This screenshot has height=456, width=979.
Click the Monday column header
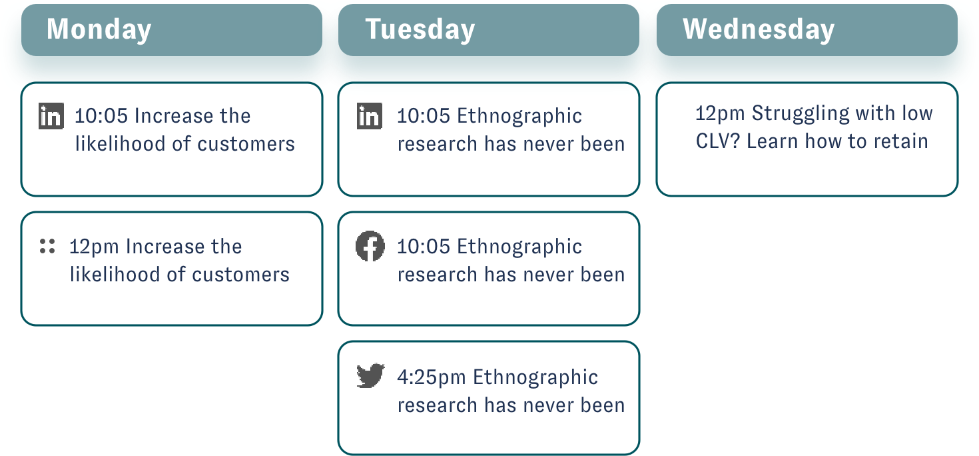[172, 30]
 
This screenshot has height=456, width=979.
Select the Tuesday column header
[489, 30]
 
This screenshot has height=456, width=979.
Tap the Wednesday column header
[807, 30]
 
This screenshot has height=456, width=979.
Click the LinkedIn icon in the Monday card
[51, 116]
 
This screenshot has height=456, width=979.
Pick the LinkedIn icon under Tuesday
[370, 116]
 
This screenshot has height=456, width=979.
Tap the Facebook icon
[370, 246]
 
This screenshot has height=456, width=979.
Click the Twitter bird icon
[370, 375]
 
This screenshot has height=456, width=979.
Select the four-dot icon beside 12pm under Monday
[47, 246]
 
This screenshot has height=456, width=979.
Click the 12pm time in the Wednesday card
[720, 113]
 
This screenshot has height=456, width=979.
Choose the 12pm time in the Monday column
[94, 247]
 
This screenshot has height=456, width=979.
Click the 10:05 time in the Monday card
[101, 116]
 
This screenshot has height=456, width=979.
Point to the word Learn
[773, 141]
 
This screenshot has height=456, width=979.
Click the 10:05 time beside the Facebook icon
[424, 247]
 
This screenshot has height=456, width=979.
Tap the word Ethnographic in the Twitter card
[535, 377]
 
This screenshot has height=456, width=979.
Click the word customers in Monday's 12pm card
[241, 275]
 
